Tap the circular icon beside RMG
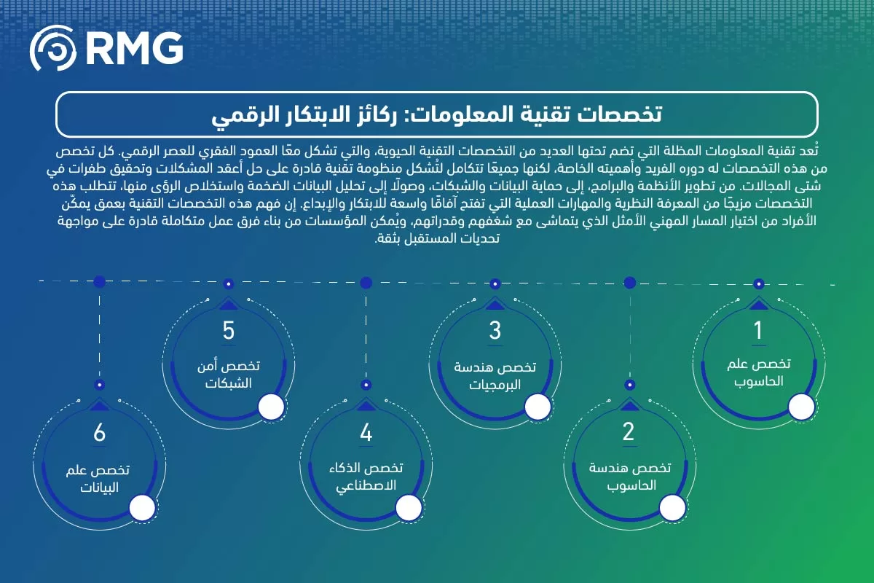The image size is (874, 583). click(x=54, y=49)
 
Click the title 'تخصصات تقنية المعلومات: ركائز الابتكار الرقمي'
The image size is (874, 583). click(x=437, y=114)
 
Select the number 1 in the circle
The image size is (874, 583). click(x=758, y=331)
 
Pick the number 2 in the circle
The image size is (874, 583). click(x=629, y=432)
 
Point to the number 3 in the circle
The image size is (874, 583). click(x=495, y=331)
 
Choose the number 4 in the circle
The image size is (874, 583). click(x=366, y=433)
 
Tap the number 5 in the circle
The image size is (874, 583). click(x=229, y=331)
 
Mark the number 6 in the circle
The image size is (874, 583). click(x=100, y=433)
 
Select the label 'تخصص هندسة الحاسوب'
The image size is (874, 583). click(x=629, y=476)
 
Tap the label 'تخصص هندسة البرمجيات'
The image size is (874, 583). click(x=495, y=375)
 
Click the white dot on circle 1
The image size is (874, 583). click(x=803, y=407)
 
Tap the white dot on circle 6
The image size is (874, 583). click(x=143, y=509)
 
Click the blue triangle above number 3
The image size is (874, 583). click(x=495, y=304)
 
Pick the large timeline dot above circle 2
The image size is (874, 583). click(x=631, y=282)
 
